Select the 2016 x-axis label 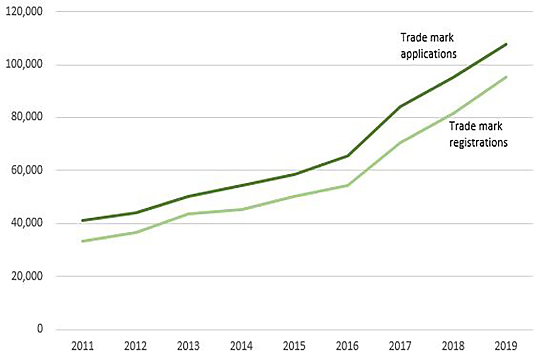point(346,345)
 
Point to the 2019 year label point(506,345)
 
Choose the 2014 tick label point(241,345)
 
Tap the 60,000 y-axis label point(26,170)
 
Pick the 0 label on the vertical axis point(40,329)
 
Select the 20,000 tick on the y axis point(26,276)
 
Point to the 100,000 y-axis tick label point(24,65)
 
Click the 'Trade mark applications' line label point(428,46)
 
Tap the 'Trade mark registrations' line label point(479,136)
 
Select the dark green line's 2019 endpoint point(506,44)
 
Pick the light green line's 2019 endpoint point(506,76)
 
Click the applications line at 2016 point(346,156)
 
